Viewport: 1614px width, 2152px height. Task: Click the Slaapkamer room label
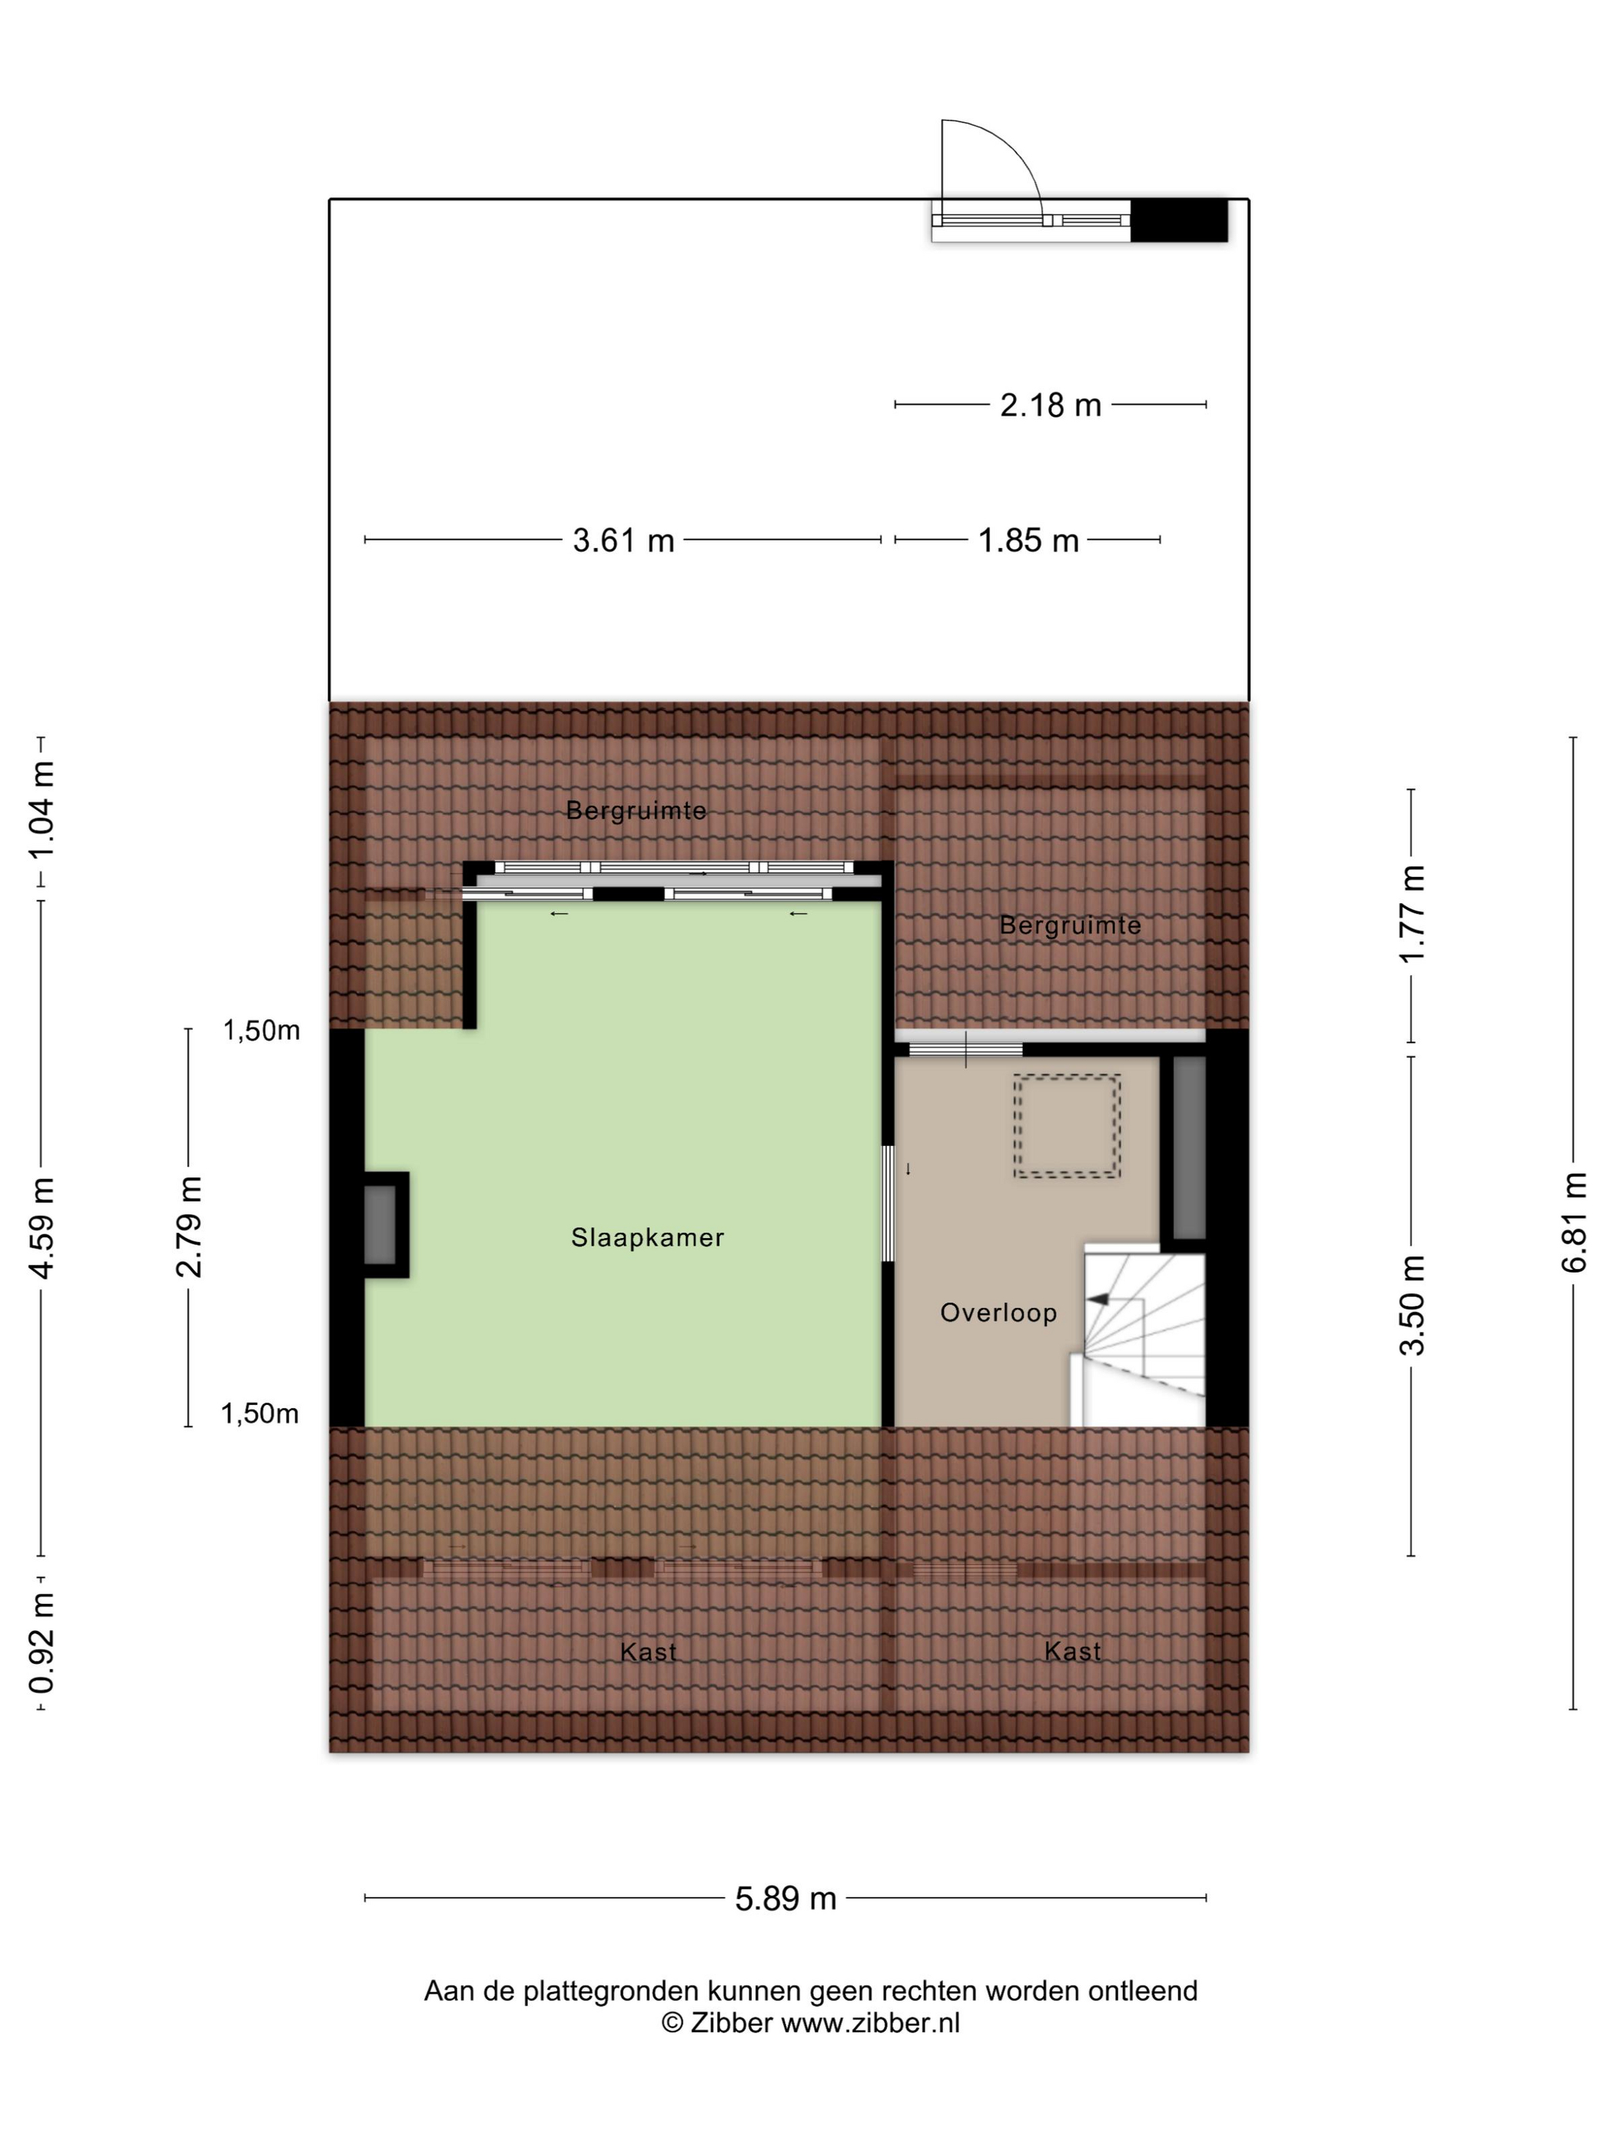coord(647,1237)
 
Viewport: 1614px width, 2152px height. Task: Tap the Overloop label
coord(998,1313)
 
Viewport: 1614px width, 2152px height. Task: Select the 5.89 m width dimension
coord(785,1898)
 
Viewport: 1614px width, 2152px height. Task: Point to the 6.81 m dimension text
coord(1573,1223)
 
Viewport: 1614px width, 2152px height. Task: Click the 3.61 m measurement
coord(623,540)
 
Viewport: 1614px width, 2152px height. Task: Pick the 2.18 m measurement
coord(1051,405)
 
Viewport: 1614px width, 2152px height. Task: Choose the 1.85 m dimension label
coord(1028,540)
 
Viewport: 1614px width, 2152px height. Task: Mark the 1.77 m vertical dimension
coord(1412,915)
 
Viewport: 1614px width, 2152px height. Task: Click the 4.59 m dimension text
coord(41,1227)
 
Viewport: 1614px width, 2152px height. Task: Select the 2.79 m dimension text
coord(189,1226)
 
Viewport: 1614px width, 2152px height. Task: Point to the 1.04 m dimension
coord(41,810)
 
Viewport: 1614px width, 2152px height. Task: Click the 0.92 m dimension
coord(41,1643)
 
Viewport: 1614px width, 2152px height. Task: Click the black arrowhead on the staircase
coord(1098,1299)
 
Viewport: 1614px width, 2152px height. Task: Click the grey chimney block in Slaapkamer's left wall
coord(380,1225)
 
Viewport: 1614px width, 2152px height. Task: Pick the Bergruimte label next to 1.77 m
coord(1070,925)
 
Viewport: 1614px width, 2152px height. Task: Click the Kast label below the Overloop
coord(1072,1651)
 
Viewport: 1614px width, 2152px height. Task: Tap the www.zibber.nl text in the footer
coord(871,2024)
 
